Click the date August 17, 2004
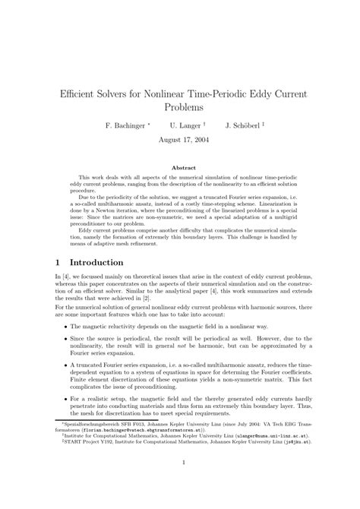[x=180, y=140]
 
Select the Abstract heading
[x=180, y=167]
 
